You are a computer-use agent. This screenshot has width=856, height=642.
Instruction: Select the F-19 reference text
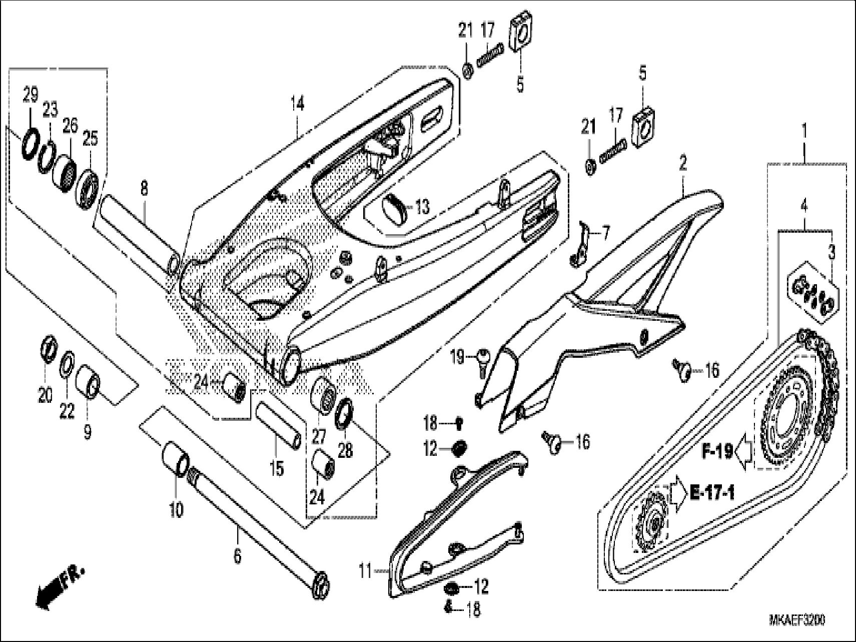click(x=716, y=452)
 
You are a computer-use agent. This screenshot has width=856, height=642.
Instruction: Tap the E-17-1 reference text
click(x=712, y=493)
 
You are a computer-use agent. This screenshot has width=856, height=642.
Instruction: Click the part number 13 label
click(x=423, y=206)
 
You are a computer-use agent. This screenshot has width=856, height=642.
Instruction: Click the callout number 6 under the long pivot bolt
click(x=237, y=555)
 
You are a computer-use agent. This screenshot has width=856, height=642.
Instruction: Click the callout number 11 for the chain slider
click(x=366, y=570)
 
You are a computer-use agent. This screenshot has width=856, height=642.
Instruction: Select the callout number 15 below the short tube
click(x=277, y=468)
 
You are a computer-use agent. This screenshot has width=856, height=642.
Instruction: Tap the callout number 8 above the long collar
click(x=144, y=189)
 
